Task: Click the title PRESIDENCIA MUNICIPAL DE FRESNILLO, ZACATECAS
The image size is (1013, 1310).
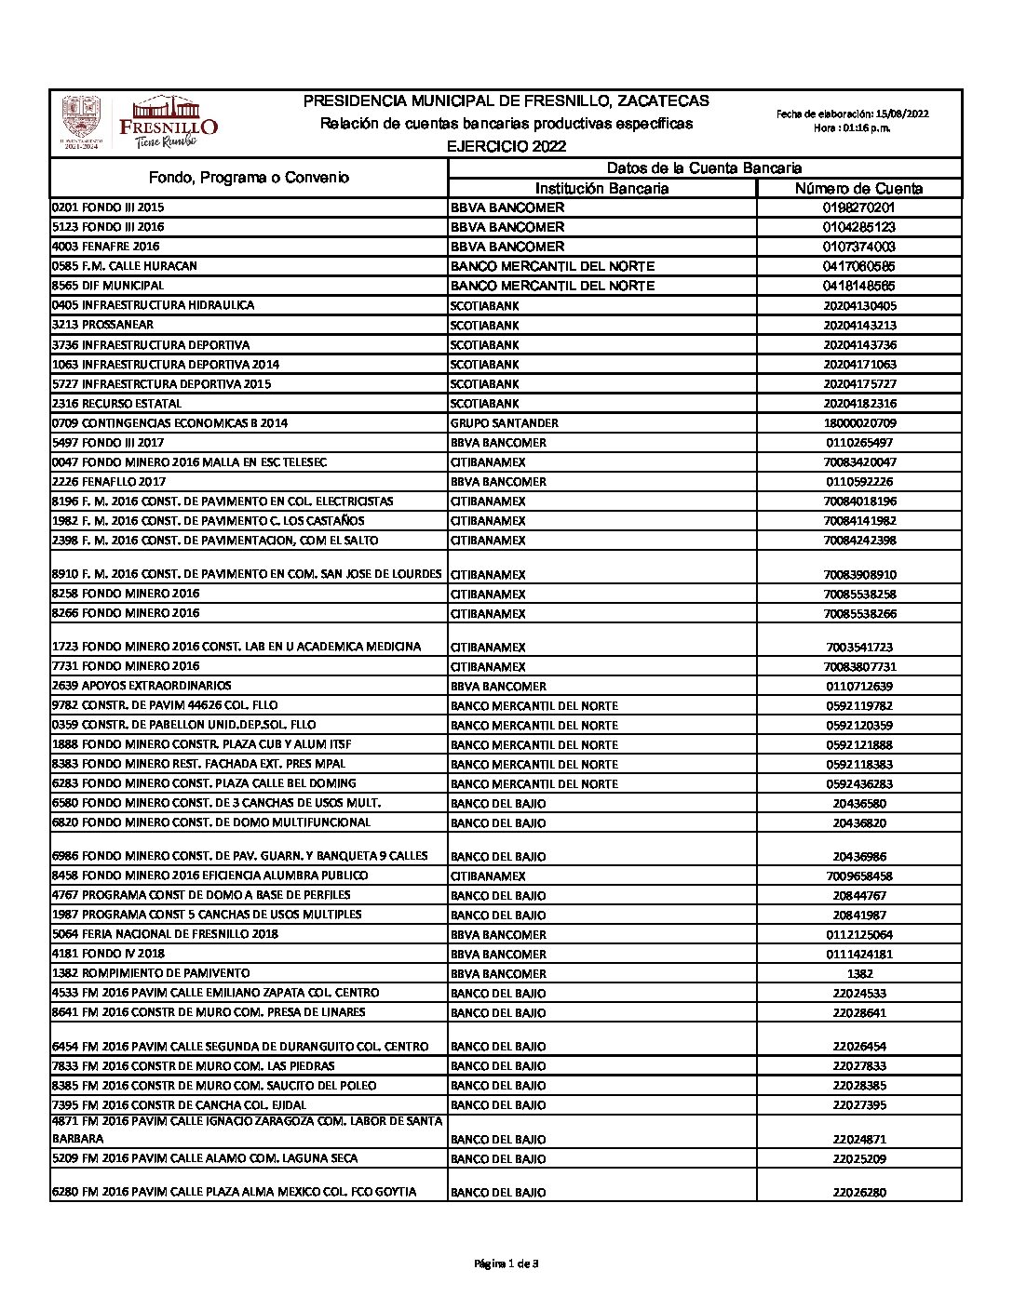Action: (506, 101)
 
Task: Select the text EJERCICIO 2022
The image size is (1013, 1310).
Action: (506, 147)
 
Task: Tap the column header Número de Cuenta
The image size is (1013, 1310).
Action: (858, 189)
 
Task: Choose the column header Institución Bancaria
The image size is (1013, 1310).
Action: (601, 189)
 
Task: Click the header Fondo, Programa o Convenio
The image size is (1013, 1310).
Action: (249, 178)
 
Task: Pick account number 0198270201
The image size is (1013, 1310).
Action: (858, 207)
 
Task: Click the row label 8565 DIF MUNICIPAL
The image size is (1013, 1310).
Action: (108, 286)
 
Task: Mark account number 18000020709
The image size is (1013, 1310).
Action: (859, 423)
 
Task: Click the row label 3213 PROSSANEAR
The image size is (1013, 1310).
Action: (103, 325)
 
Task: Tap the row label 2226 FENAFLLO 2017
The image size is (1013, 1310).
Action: (109, 482)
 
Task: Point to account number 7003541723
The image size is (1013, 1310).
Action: (859, 647)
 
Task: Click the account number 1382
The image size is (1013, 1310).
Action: (859, 973)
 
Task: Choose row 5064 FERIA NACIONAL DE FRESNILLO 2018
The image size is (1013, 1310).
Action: (165, 934)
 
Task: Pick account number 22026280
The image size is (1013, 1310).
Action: (859, 1193)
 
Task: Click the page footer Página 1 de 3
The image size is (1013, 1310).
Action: (506, 1263)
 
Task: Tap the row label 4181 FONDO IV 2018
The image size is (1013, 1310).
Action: (108, 954)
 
